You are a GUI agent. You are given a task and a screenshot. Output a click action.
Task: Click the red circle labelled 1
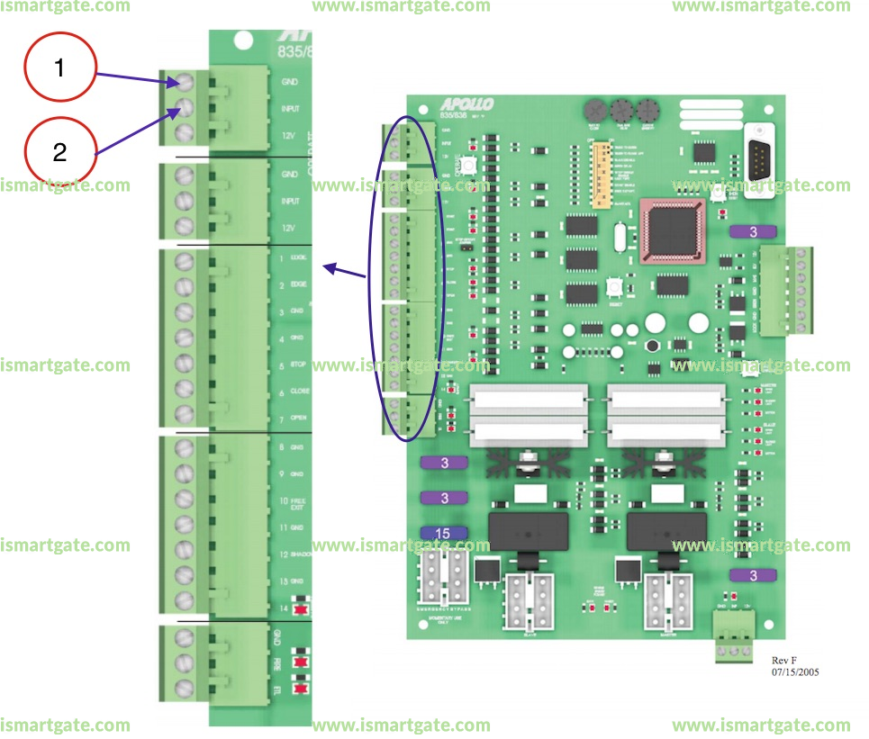[x=59, y=68]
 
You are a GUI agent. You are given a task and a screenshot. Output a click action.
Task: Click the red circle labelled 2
[x=59, y=151]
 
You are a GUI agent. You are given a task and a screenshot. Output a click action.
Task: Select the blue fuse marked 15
[x=443, y=533]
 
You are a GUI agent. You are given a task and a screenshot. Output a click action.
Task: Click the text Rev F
[x=785, y=660]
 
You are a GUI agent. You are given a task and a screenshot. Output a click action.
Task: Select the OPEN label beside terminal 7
[x=300, y=419]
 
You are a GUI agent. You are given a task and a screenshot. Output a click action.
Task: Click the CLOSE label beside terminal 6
[x=300, y=392]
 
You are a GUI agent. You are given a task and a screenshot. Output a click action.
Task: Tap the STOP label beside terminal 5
[x=299, y=365]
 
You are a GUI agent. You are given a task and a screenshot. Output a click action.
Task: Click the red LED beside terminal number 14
[x=300, y=609]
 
